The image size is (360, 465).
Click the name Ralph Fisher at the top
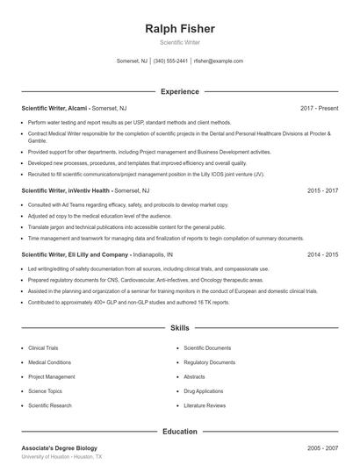point(179,28)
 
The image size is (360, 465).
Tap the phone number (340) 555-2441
point(170,61)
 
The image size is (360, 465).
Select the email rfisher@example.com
point(219,61)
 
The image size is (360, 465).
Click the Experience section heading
point(179,91)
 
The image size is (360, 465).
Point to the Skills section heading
point(179,328)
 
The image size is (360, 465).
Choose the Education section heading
point(179,431)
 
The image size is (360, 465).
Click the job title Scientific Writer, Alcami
point(54,108)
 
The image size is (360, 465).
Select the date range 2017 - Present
point(319,108)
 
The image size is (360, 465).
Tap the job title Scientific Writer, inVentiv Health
point(66,190)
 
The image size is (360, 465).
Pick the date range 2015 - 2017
point(323,190)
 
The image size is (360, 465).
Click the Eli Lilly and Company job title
point(75,254)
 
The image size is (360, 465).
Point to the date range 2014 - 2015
point(323,254)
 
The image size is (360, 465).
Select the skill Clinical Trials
point(43,347)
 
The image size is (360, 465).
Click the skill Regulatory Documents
point(210,362)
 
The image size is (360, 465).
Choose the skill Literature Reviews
point(205,405)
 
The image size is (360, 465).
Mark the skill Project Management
point(51,376)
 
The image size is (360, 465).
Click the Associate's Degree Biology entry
point(59,447)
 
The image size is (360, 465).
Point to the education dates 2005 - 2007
point(323,447)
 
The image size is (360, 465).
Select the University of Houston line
point(61,457)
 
